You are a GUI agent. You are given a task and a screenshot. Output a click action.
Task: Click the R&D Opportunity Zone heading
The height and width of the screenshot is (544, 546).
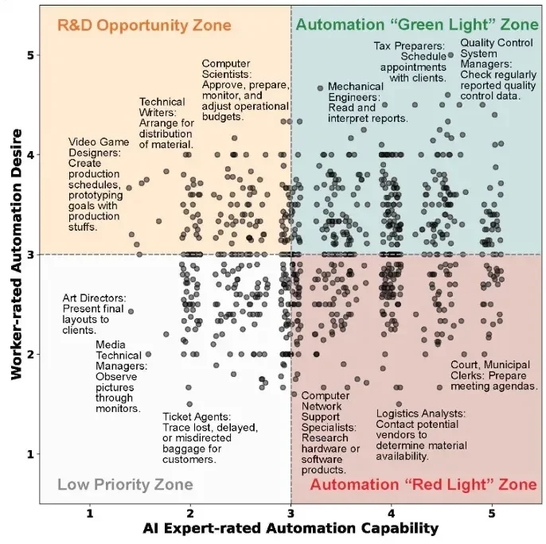pyautogui.click(x=144, y=25)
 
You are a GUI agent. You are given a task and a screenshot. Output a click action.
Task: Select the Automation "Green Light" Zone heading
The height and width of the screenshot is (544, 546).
pyautogui.click(x=416, y=25)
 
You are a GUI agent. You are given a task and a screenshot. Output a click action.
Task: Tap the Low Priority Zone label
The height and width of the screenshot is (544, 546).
pyautogui.click(x=125, y=484)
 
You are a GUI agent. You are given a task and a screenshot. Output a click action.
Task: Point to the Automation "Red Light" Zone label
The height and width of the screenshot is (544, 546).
pyautogui.click(x=423, y=485)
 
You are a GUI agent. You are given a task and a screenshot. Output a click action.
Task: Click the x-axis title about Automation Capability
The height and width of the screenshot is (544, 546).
pyautogui.click(x=291, y=527)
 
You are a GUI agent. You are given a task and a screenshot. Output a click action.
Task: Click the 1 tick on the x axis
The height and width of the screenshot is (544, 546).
pyautogui.click(x=89, y=510)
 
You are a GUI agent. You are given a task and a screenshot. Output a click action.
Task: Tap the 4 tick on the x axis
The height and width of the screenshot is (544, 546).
pyautogui.click(x=391, y=510)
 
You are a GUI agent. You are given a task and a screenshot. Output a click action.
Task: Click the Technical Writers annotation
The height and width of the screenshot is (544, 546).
pyautogui.click(x=166, y=122)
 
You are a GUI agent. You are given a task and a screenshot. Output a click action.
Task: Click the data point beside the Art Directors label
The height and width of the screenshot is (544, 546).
pyautogui.click(x=131, y=311)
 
